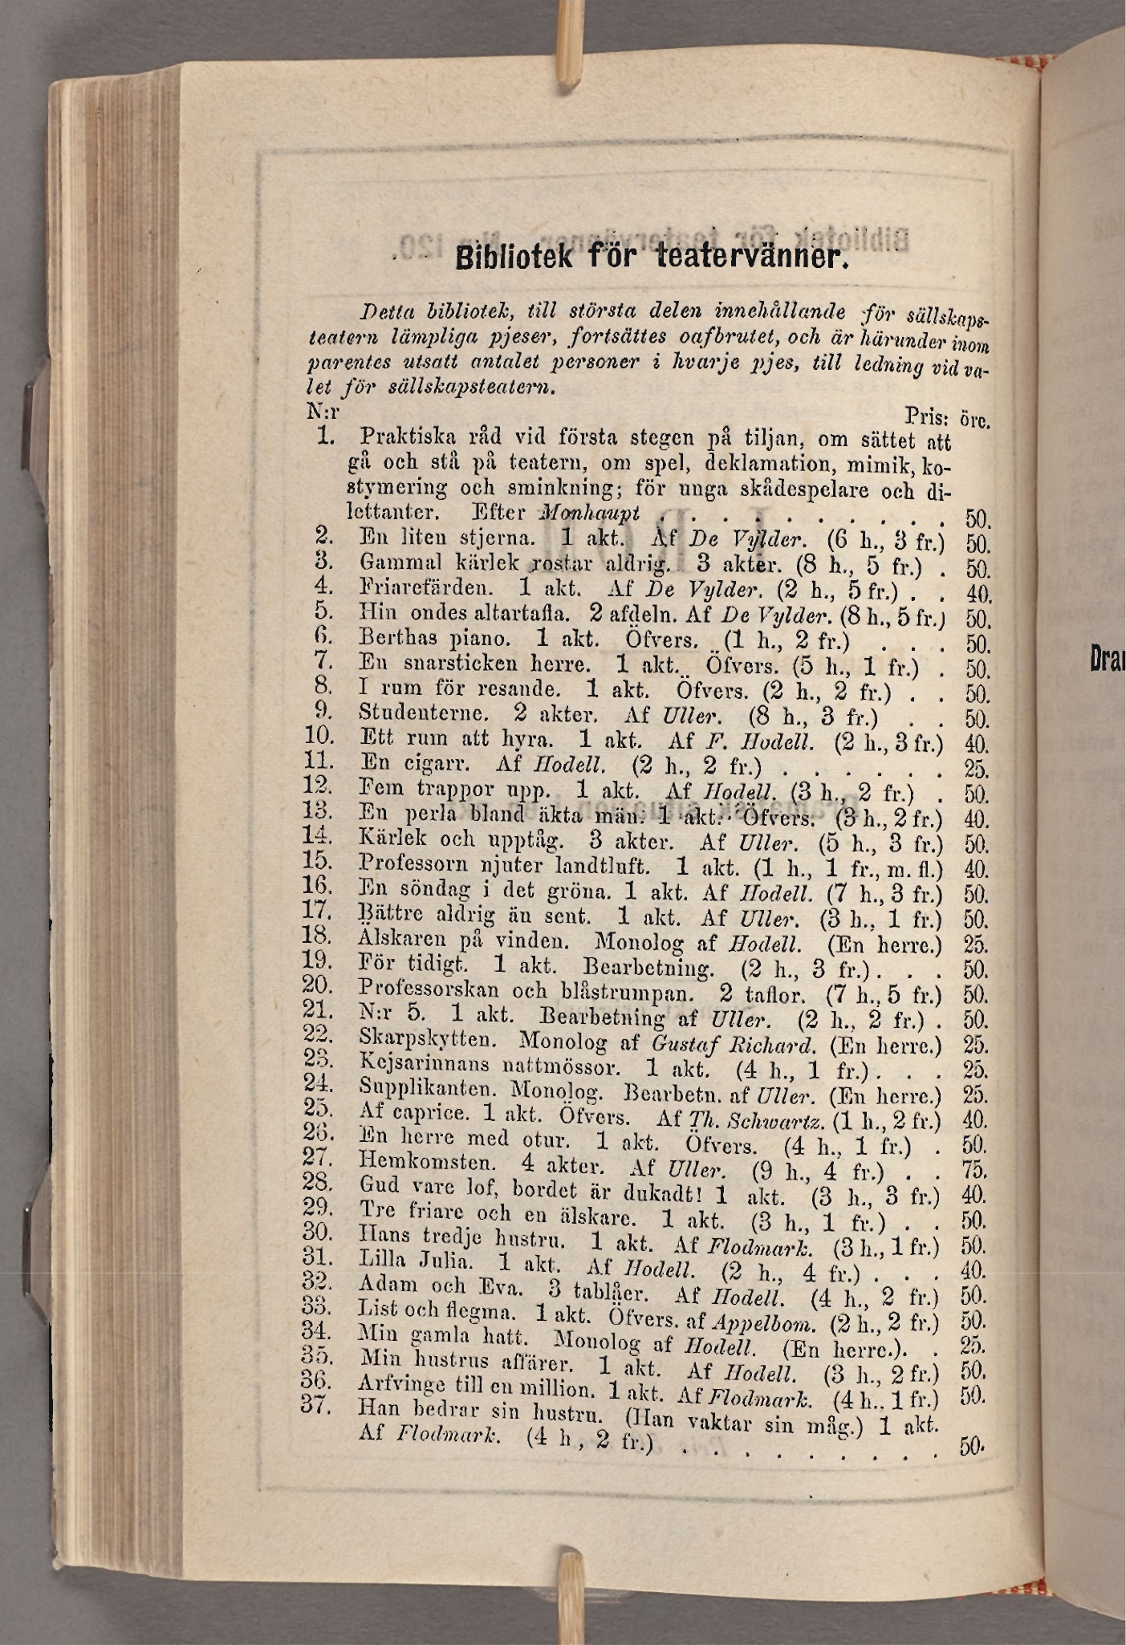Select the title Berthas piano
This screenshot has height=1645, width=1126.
click(x=435, y=639)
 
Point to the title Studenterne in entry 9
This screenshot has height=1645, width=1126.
click(x=423, y=713)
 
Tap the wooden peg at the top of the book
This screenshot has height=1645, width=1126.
click(x=571, y=40)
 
